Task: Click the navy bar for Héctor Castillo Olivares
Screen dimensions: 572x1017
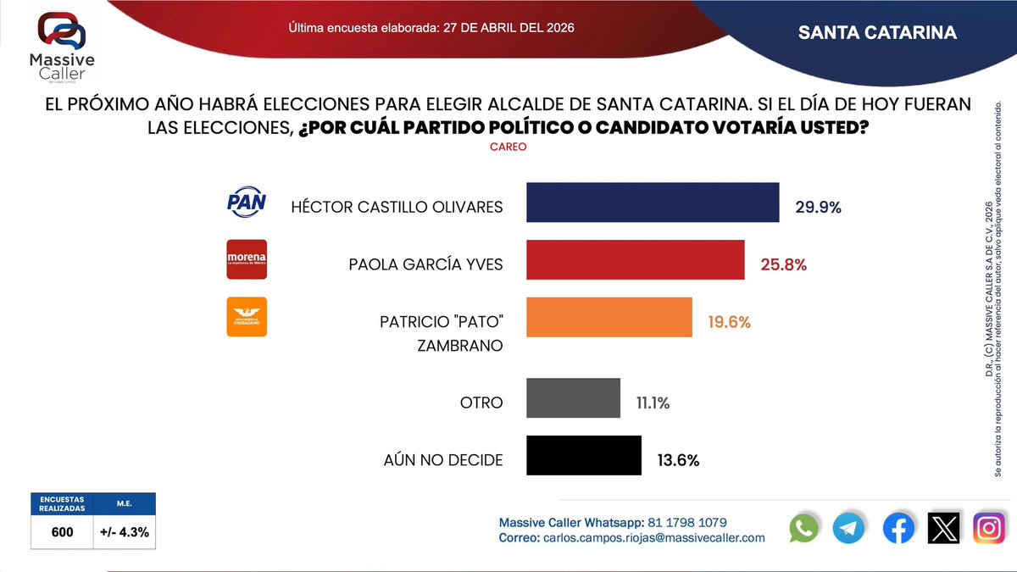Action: [x=653, y=203]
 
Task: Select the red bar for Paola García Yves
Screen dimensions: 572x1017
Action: [x=635, y=260]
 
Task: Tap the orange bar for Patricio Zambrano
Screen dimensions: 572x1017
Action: [x=609, y=317]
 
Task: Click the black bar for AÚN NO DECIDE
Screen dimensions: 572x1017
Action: [x=584, y=456]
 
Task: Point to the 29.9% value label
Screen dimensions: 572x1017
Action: [x=818, y=208]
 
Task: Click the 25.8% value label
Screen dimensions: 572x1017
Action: [x=783, y=264]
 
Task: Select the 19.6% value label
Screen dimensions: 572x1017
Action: [x=729, y=322]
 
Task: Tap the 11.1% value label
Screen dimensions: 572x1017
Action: [x=653, y=403]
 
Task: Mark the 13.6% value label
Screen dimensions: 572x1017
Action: [x=678, y=461]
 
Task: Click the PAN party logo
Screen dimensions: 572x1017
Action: [x=247, y=203]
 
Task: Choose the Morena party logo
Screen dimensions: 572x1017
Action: [x=247, y=259]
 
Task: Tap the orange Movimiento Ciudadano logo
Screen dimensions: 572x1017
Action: [x=247, y=317]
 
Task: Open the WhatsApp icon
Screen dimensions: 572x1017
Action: [x=804, y=528]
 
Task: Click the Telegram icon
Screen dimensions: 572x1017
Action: [x=849, y=528]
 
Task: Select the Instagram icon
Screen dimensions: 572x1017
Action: [x=988, y=528]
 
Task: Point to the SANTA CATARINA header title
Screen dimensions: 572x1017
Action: [x=877, y=33]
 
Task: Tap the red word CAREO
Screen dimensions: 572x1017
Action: [x=508, y=147]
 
